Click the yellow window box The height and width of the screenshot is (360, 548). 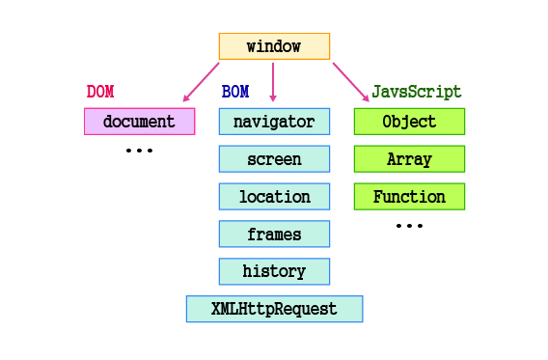(x=274, y=46)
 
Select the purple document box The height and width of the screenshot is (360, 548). (x=139, y=122)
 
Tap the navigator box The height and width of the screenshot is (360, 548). (x=274, y=122)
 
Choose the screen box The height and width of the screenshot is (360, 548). (x=274, y=159)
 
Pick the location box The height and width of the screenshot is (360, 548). (x=274, y=197)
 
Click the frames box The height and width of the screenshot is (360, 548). (x=274, y=235)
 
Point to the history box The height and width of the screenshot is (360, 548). (x=274, y=271)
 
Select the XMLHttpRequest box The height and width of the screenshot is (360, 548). (x=274, y=309)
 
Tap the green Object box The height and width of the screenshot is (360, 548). (x=409, y=122)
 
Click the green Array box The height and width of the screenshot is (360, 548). (x=409, y=159)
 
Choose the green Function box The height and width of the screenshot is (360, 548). (x=409, y=197)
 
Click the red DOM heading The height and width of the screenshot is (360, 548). (x=100, y=93)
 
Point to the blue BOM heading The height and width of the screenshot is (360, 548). (x=235, y=93)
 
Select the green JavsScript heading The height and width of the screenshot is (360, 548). (x=417, y=93)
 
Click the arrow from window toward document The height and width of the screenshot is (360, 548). (x=202, y=82)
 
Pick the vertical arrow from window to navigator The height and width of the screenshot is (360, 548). (x=274, y=82)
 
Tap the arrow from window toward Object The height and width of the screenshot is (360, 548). (x=350, y=82)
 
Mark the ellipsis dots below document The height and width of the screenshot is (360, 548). (x=139, y=152)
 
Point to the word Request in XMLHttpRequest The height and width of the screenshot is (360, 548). (x=307, y=309)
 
